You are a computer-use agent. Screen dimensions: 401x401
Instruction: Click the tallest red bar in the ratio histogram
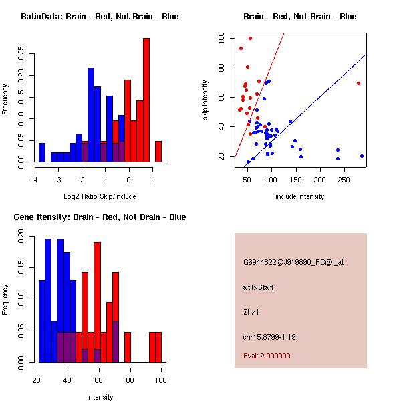pos(146,100)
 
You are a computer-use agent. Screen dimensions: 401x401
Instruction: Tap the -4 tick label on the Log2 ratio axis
pos(35,179)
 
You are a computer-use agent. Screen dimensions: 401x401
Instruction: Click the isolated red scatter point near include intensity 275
pos(359,83)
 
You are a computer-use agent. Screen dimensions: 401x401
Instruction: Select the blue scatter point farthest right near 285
pos(362,156)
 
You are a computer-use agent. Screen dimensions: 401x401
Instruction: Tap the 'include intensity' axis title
pos(300,196)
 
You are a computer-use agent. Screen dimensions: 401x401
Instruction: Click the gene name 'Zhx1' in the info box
pos(251,311)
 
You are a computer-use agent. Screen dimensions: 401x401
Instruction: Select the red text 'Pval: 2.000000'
pos(267,356)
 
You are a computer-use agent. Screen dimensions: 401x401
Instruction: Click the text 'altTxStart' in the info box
pos(259,287)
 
